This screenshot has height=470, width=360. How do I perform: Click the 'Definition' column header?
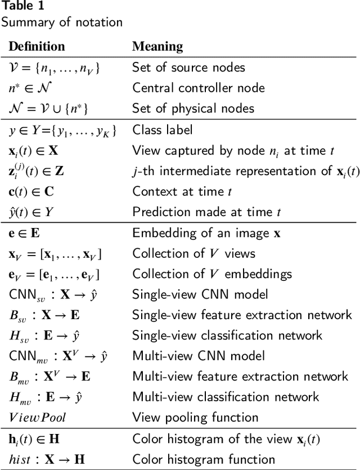point(37,46)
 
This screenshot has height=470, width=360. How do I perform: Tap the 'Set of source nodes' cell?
point(188,68)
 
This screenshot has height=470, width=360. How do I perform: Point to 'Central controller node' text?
point(198,88)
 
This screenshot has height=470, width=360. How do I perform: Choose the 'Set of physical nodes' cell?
point(193,108)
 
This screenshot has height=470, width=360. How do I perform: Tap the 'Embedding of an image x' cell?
point(206,233)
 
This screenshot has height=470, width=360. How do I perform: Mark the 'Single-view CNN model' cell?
point(200,294)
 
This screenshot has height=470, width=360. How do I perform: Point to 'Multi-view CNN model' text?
point(197,356)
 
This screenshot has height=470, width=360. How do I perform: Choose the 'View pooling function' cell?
point(195,417)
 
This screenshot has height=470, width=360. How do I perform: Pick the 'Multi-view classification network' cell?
point(226,397)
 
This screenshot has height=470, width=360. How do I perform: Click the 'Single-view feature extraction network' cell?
point(242,315)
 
